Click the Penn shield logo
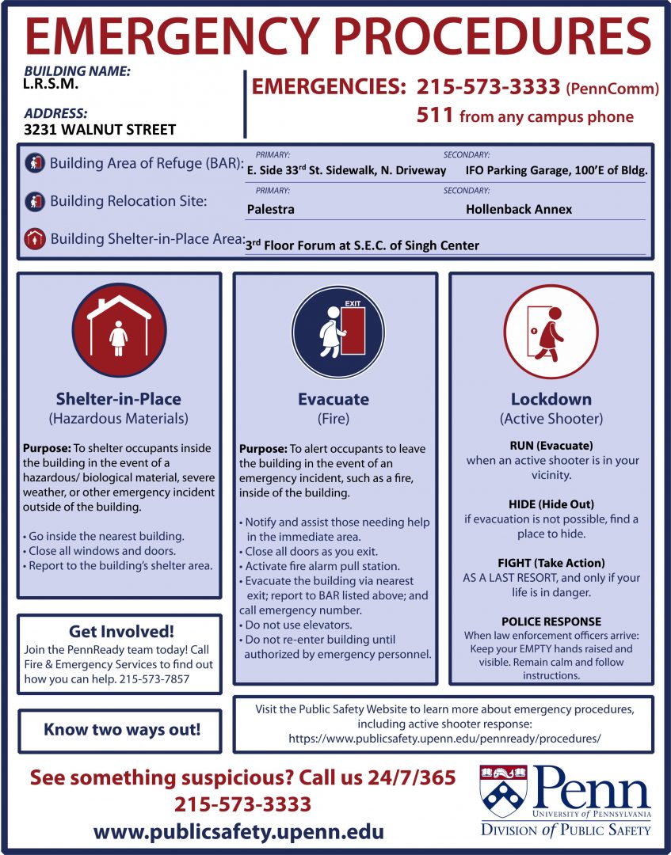(505, 792)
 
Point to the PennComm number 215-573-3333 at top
(490, 87)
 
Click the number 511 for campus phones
(435, 116)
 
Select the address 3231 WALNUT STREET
(100, 130)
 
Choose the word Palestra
(271, 210)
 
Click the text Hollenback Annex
(519, 210)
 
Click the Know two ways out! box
(121, 729)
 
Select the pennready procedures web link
(444, 738)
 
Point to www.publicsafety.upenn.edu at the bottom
(239, 832)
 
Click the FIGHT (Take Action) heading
(551, 563)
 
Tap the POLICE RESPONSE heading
(551, 621)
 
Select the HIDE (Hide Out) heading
(551, 504)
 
